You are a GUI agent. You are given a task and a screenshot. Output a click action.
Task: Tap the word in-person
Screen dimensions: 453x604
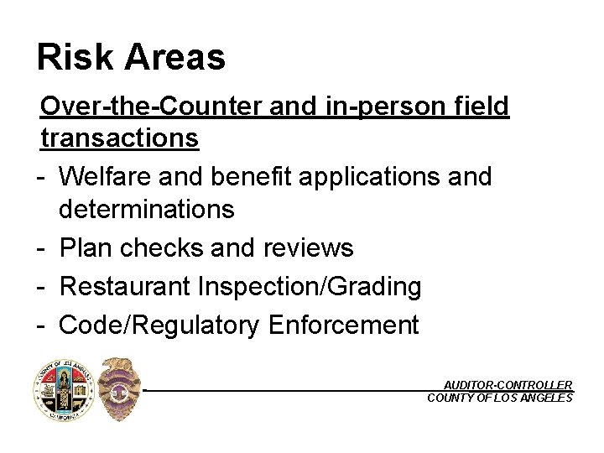tap(383, 107)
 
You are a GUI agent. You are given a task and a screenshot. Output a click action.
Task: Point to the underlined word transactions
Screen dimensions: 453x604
tap(119, 138)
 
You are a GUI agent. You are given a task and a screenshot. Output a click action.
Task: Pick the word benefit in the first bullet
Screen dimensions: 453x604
tap(251, 177)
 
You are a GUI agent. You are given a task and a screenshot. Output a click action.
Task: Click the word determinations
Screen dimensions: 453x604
tap(147, 209)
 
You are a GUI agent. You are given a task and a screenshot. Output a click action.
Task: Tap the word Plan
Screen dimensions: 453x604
tap(86, 248)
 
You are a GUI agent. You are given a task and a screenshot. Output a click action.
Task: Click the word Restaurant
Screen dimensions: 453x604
tap(125, 287)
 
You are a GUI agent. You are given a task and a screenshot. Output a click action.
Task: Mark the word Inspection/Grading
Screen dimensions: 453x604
tap(310, 287)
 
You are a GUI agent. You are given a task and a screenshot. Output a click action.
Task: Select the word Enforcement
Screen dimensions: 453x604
tap(344, 325)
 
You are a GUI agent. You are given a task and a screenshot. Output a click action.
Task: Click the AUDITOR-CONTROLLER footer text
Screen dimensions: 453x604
tap(508, 384)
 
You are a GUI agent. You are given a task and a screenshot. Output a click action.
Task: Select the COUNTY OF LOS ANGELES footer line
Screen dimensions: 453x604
tap(500, 398)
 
